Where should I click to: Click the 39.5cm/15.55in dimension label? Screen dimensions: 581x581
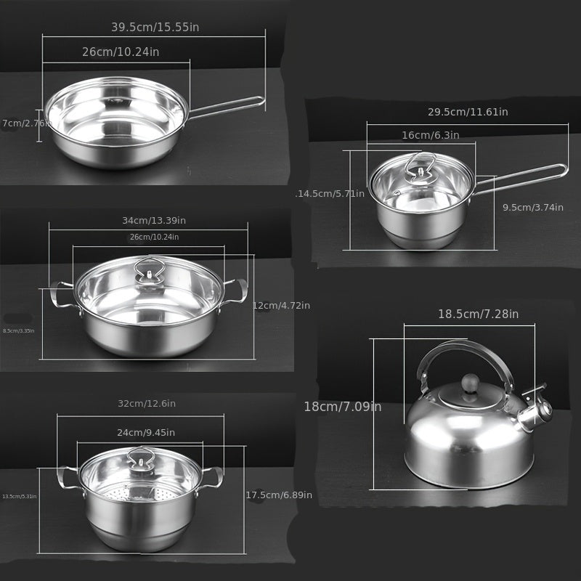tap(155, 27)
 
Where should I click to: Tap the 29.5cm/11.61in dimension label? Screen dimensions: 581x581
tap(468, 112)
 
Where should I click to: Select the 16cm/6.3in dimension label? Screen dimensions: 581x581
tap(430, 135)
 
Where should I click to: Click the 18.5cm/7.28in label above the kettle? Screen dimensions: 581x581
tap(478, 314)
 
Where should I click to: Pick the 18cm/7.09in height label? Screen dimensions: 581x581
tap(342, 407)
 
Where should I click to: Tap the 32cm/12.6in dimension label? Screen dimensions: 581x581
tap(147, 404)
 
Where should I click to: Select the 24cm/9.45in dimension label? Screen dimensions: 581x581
tap(146, 433)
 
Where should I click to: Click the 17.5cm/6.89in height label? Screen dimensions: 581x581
tap(279, 495)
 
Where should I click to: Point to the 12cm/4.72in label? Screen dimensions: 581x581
tap(281, 306)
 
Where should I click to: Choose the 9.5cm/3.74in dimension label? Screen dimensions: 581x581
tap(533, 207)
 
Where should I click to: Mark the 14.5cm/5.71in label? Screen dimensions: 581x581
tap(330, 194)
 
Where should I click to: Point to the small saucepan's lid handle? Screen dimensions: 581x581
tap(420, 164)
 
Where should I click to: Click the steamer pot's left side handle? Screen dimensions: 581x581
tap(66, 477)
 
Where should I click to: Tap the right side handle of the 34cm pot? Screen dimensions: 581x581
tap(236, 290)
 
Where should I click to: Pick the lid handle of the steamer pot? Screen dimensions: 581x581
tap(139, 458)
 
